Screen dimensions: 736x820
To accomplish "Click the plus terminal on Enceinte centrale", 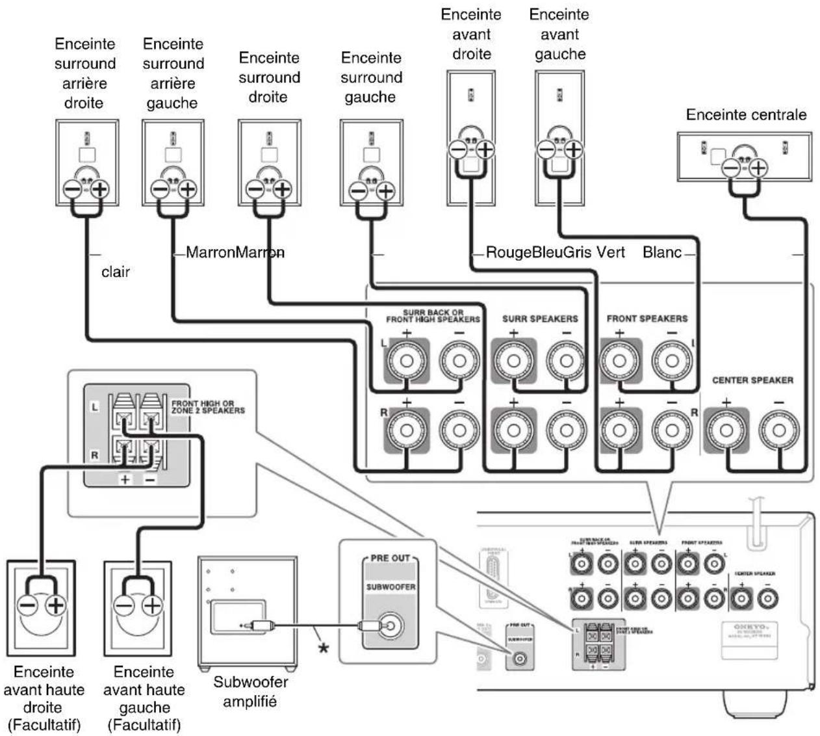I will [758, 168].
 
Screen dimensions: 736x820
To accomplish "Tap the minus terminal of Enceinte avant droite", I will [458, 150].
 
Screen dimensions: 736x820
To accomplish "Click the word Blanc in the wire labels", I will [661, 252].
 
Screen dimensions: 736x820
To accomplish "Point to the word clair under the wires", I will [115, 272].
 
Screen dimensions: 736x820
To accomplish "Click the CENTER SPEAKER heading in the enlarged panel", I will [752, 380].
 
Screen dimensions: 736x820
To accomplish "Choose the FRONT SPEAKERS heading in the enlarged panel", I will [647, 319].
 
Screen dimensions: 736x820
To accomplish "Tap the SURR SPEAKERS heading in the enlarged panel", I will [540, 319].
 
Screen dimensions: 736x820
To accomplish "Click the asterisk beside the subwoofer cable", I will [322, 648].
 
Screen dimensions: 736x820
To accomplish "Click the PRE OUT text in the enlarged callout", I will [390, 558].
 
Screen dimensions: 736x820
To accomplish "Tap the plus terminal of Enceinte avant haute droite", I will [57, 606].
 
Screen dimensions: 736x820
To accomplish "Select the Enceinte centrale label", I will [746, 115].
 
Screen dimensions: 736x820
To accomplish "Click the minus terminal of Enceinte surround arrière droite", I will [71, 190].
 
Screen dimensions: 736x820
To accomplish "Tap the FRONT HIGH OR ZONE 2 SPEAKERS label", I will [208, 407].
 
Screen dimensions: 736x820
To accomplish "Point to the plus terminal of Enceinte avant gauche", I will [572, 150].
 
